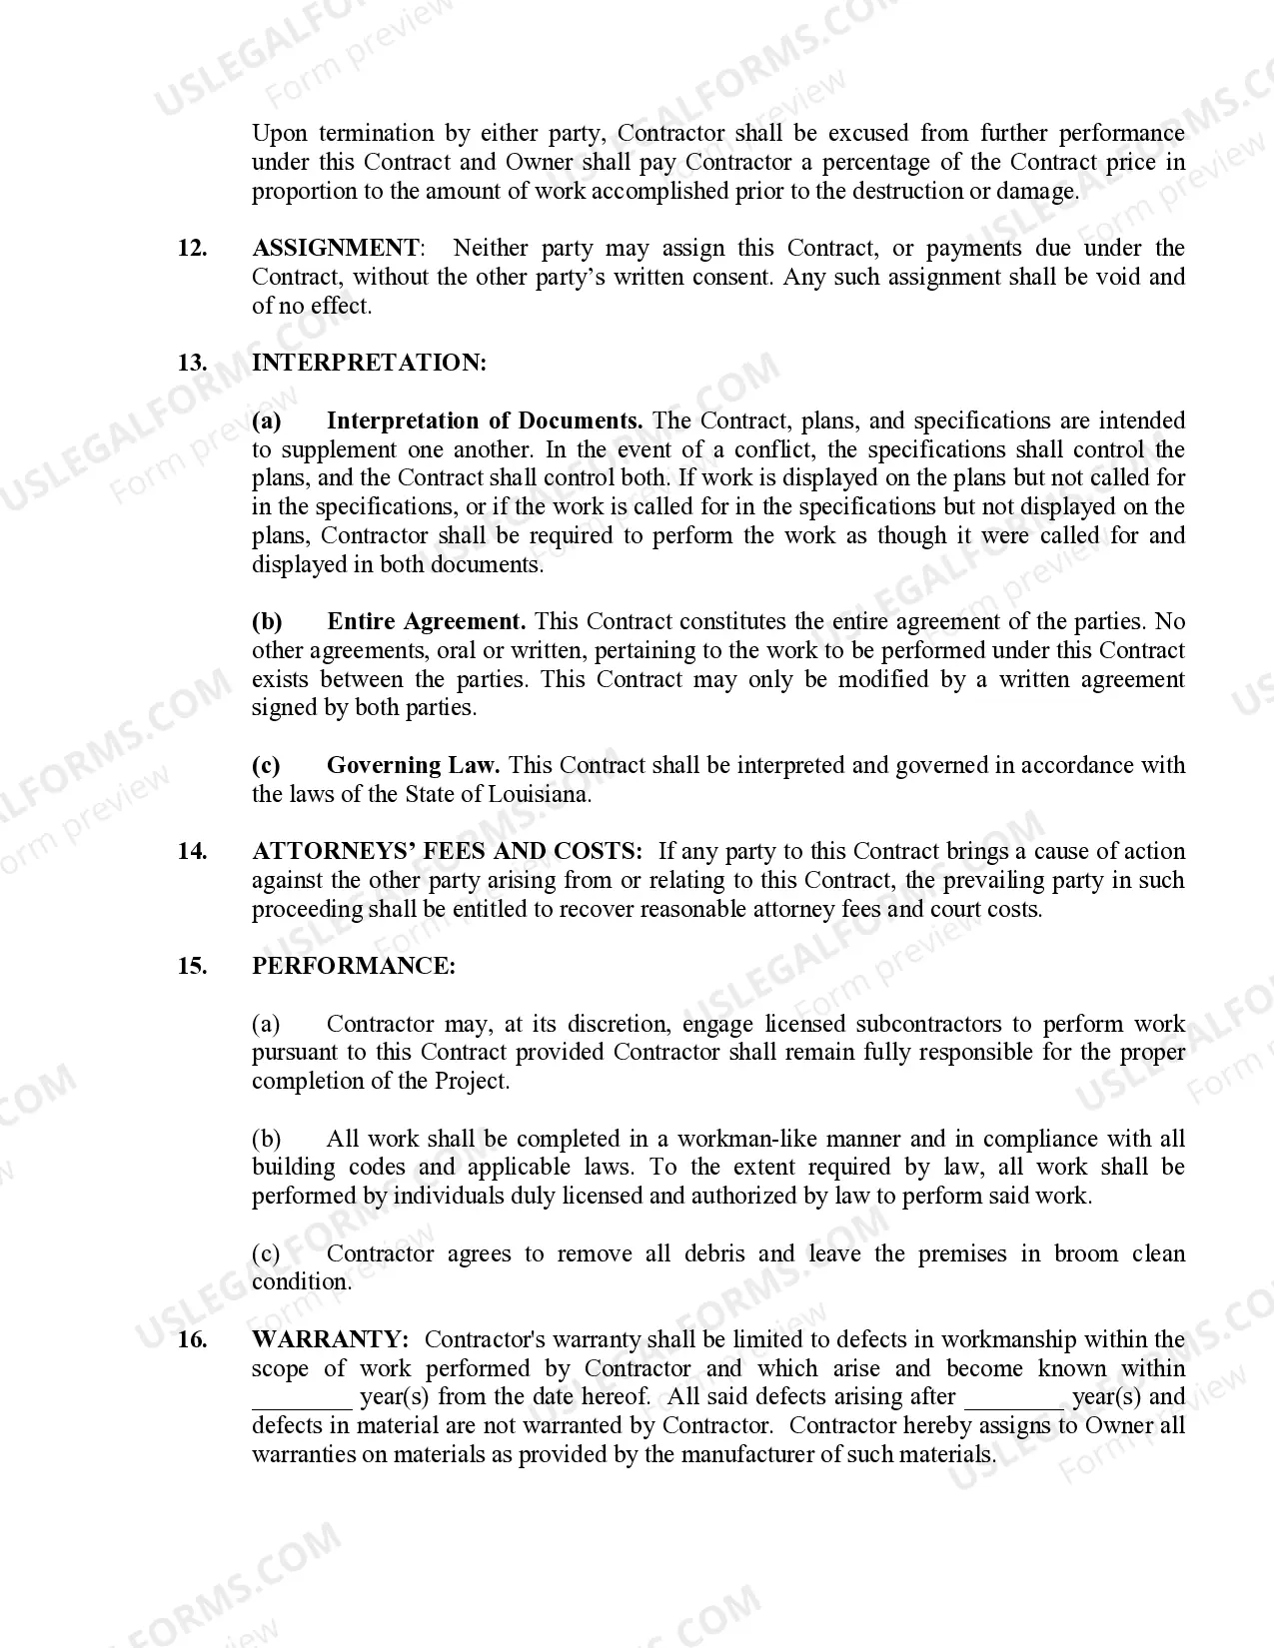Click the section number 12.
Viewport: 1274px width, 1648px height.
(192, 249)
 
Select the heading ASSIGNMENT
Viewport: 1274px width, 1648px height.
(337, 249)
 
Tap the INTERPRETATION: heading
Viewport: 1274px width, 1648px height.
(369, 364)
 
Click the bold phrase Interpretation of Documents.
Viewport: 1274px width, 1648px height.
(485, 421)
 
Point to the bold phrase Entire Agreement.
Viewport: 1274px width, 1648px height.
(427, 622)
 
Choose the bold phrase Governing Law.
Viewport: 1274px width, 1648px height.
(413, 766)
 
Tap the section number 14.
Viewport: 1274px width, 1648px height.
(192, 852)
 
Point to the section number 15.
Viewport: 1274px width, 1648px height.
(192, 967)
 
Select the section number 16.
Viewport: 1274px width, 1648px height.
(192, 1340)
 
